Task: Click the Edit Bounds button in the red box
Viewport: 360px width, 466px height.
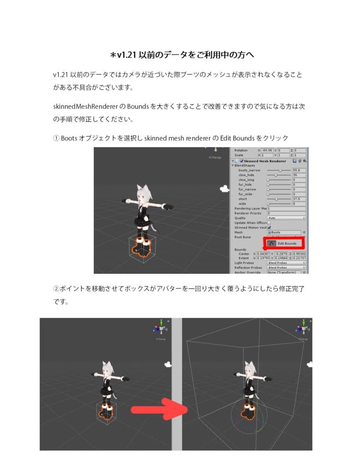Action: click(x=285, y=243)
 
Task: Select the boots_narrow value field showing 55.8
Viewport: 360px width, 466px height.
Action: click(x=299, y=170)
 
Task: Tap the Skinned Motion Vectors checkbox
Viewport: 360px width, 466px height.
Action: click(x=269, y=228)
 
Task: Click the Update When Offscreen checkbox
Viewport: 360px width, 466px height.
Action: click(x=269, y=223)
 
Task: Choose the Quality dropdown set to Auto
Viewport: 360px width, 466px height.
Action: click(x=286, y=218)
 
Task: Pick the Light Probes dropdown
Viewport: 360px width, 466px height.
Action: click(x=286, y=263)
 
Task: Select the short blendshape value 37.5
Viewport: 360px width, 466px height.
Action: click(x=299, y=199)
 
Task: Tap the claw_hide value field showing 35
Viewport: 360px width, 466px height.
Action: click(x=299, y=175)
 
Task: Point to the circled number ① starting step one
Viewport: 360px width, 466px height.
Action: click(x=56, y=138)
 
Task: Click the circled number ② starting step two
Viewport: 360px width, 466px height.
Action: click(x=56, y=289)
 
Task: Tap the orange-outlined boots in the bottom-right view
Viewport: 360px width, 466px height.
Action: click(x=248, y=412)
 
